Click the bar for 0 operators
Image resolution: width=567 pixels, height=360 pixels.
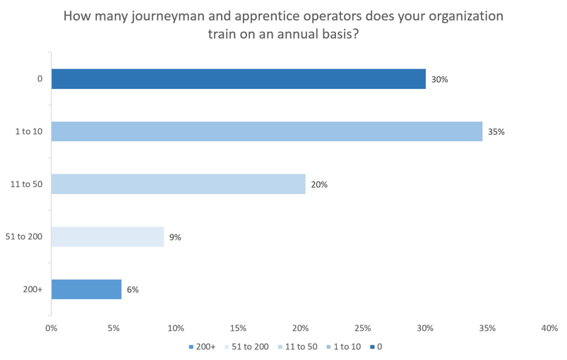tap(238, 79)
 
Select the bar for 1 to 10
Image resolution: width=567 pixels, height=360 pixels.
tap(266, 131)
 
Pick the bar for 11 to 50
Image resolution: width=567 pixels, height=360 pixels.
tap(178, 184)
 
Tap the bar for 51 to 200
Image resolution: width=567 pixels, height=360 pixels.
tap(107, 237)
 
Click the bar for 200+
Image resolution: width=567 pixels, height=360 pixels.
tap(86, 289)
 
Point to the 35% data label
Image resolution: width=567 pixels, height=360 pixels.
tap(496, 132)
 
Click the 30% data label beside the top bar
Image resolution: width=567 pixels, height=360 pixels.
tap(439, 80)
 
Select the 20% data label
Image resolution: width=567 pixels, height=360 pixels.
tap(319, 185)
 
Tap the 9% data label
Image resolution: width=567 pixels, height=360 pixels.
tap(175, 238)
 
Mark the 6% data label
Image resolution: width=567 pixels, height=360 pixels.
tap(133, 290)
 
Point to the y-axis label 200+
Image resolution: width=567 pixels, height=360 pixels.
tap(33, 289)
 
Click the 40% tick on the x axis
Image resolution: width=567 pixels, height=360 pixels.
tap(549, 328)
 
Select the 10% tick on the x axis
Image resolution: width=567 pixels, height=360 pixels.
tap(176, 328)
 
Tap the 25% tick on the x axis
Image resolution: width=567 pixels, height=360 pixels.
tap(362, 328)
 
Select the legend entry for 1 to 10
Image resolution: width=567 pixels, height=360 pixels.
tap(342, 347)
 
